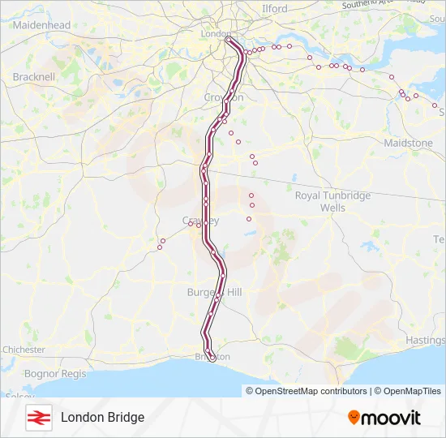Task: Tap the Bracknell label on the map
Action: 34,77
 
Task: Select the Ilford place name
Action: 275,9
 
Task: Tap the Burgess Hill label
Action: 214,292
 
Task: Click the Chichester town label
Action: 24,350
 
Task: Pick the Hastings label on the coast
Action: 427,341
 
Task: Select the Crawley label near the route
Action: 200,221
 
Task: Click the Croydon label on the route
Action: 224,97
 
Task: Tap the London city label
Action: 215,34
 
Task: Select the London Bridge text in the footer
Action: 102,417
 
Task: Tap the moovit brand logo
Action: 385,417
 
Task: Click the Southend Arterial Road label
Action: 377,5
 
